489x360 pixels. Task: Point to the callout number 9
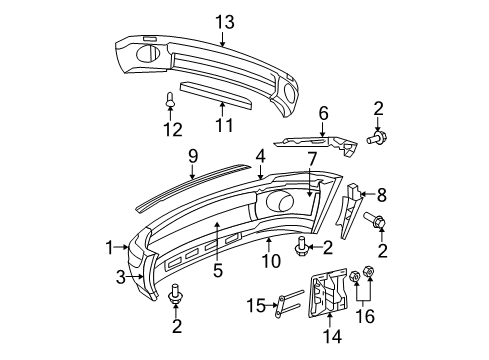[x=193, y=157]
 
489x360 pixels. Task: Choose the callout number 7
[x=312, y=158]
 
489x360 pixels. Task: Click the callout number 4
[x=260, y=156]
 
